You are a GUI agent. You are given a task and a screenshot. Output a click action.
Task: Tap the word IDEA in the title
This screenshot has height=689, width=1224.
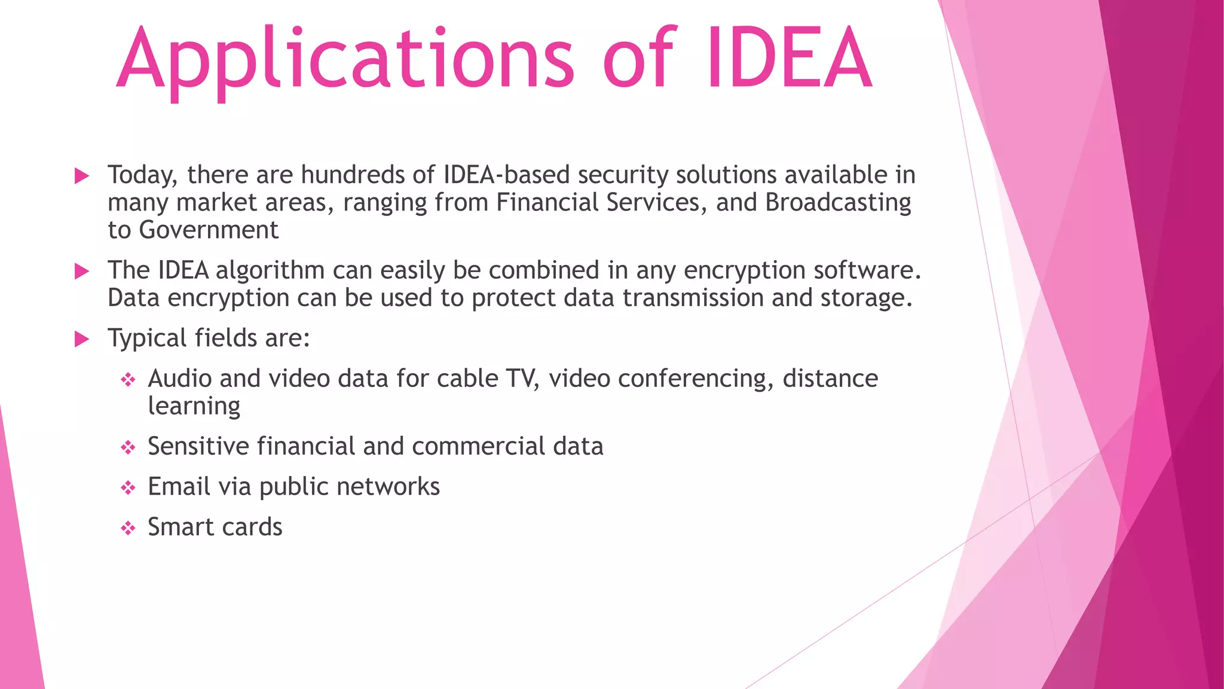(789, 60)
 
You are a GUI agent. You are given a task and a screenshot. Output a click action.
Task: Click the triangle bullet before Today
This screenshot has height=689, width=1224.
(82, 176)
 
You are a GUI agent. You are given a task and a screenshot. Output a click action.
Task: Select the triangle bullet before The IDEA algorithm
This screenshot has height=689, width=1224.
(82, 272)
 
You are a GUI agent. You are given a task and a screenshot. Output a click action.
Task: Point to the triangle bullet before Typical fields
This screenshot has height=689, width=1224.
(82, 339)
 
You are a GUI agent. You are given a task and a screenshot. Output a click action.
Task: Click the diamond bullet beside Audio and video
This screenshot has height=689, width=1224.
(128, 380)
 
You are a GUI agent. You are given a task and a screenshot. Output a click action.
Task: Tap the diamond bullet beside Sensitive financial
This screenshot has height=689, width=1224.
(128, 447)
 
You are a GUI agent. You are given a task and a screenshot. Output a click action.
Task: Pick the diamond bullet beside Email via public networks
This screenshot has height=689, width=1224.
(128, 488)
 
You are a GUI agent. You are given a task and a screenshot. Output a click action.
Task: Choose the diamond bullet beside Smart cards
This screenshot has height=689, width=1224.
(128, 528)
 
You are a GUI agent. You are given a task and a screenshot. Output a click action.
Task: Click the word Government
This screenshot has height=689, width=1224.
(209, 230)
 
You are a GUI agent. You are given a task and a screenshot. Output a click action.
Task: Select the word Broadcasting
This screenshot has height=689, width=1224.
(838, 203)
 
